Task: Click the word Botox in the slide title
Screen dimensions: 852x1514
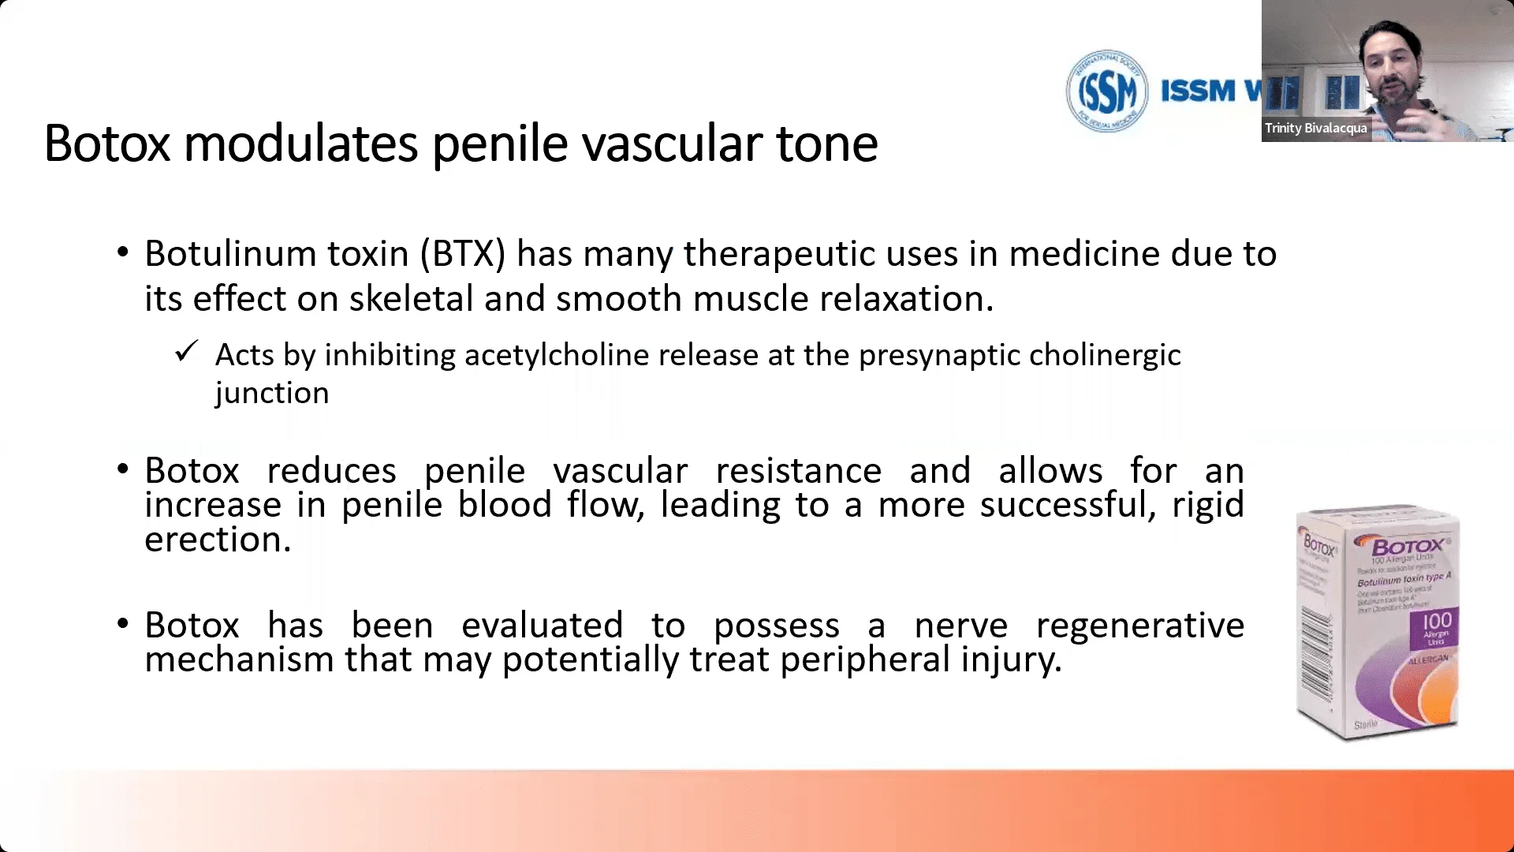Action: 107,144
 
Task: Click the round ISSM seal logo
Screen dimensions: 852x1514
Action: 1106,92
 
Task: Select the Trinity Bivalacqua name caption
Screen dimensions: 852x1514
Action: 1315,128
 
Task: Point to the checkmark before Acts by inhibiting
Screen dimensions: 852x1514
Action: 186,351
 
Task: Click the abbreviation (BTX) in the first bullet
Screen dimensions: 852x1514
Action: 462,254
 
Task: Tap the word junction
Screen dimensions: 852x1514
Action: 271,393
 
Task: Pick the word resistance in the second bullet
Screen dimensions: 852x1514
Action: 798,471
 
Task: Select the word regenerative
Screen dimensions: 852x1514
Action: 1139,626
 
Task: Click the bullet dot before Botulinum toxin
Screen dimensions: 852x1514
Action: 122,252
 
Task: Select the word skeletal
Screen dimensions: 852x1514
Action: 411,299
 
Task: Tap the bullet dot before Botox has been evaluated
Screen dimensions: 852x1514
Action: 122,624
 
